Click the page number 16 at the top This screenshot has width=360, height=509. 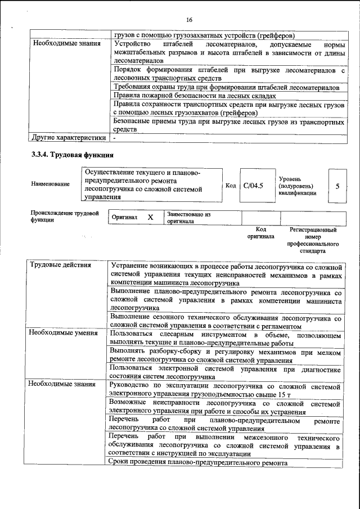(x=190, y=20)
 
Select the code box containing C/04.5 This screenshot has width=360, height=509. (x=254, y=185)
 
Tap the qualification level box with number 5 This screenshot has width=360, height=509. (x=337, y=185)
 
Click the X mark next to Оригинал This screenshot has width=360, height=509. (x=150, y=217)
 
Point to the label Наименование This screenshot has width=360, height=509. (x=51, y=184)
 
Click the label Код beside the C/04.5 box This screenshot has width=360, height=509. (x=231, y=185)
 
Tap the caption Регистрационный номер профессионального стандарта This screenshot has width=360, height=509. (x=313, y=241)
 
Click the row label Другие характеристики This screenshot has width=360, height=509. (x=68, y=137)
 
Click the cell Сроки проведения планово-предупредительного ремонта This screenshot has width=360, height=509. (x=199, y=463)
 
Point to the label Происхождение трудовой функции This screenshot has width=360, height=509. (x=65, y=217)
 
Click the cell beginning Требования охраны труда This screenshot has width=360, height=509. (x=226, y=88)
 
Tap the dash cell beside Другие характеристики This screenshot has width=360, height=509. (x=115, y=137)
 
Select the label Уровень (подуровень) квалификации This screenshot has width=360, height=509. (x=297, y=185)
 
